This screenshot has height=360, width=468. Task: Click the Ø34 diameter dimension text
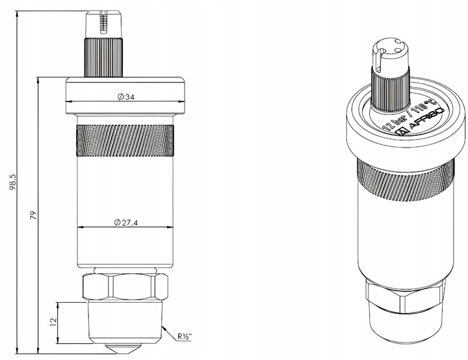coord(126,97)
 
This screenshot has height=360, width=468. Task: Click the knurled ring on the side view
coord(126,141)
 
